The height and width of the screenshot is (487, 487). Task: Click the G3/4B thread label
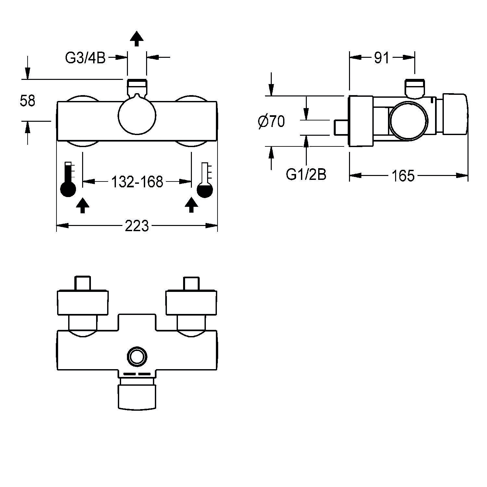coord(85,58)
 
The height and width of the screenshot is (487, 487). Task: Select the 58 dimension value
coord(27,101)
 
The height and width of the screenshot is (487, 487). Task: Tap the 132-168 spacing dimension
coord(137,182)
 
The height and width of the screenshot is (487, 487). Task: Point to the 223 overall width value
coord(137,226)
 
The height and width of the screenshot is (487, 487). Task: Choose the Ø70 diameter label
coord(271,122)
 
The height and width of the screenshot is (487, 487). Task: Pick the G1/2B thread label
coord(306,175)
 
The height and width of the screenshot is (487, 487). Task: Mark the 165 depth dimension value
coord(403,176)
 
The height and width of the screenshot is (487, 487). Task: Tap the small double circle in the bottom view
coord(137,357)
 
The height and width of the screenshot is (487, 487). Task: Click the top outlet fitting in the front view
coord(137,86)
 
